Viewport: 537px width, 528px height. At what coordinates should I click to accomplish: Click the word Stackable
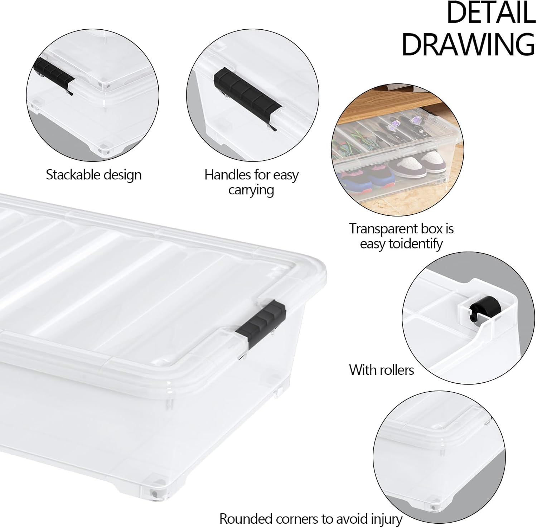point(73,175)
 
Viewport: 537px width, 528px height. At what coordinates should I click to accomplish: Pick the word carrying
point(251,190)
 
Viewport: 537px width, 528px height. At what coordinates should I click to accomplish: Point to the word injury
point(386,519)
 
